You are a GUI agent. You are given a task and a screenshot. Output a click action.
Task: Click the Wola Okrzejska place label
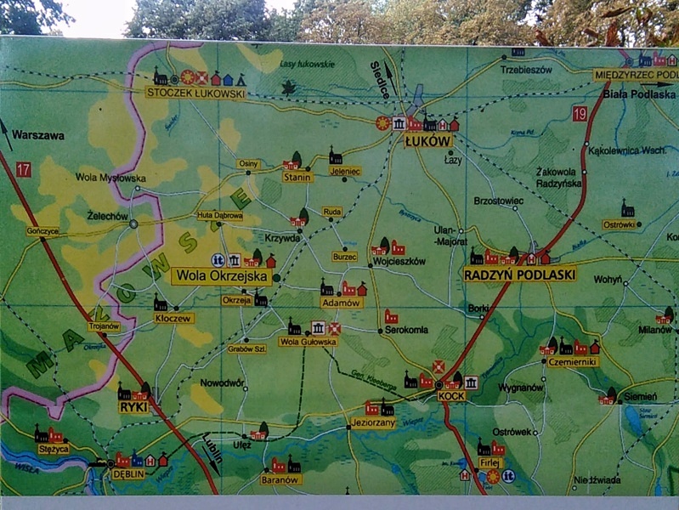point(222,276)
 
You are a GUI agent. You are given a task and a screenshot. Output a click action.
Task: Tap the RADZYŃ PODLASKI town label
point(520,275)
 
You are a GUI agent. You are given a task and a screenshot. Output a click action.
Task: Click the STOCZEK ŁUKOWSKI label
point(195,93)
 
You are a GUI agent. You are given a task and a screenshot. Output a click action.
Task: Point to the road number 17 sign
point(23,170)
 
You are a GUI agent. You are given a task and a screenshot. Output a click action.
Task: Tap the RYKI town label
point(133,407)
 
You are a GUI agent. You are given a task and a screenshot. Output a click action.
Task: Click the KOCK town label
point(450,396)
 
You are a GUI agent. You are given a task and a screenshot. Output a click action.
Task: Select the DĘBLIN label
point(128,474)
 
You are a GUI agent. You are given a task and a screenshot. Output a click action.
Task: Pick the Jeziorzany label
point(372,422)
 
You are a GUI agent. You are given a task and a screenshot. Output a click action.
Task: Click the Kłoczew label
point(174,318)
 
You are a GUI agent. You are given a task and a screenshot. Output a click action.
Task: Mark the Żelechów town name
point(107,216)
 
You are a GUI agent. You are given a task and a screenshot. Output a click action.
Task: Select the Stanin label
point(298,177)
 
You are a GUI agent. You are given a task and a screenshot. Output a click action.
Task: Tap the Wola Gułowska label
point(308,342)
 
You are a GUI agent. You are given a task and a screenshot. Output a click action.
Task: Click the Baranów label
point(282,479)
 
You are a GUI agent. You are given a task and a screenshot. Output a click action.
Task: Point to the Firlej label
point(489,463)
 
